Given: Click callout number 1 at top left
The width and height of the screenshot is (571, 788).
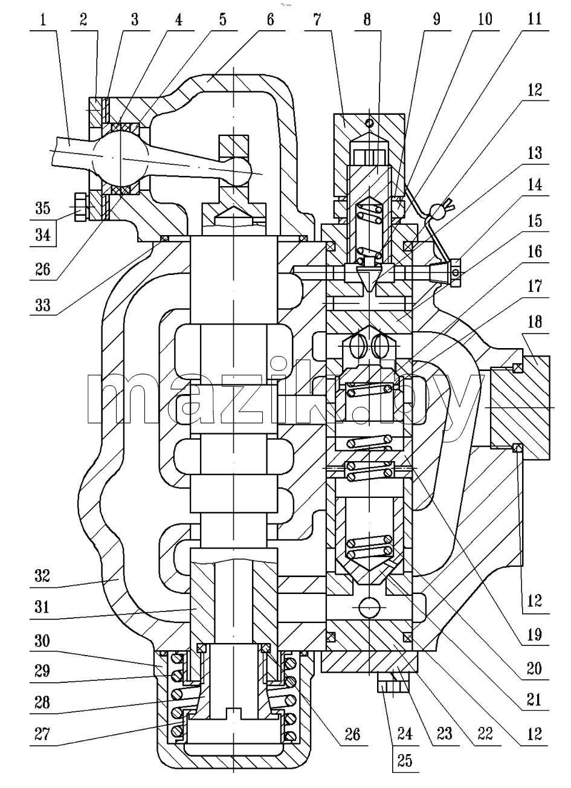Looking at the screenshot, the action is click(43, 20).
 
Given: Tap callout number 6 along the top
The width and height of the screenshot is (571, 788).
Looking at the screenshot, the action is click(270, 20).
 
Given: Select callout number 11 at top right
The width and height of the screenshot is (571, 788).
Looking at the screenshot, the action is click(534, 19).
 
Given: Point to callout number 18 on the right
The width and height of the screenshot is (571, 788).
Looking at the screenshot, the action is click(534, 322).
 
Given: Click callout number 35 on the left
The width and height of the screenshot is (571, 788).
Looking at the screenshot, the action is click(42, 208).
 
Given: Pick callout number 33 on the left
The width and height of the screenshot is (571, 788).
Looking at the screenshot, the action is click(42, 305).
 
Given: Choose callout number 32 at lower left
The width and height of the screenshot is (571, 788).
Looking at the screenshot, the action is click(42, 576).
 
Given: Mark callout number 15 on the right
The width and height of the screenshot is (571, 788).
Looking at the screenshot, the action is click(534, 221).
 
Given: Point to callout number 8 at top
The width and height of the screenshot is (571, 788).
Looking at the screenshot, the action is click(367, 20).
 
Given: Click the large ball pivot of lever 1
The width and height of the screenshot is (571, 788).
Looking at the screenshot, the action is click(120, 158).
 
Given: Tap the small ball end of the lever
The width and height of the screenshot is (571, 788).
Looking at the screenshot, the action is click(239, 172).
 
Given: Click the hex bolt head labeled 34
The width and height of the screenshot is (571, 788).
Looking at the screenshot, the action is click(80, 207).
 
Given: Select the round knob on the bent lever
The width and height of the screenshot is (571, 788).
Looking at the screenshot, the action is click(437, 212).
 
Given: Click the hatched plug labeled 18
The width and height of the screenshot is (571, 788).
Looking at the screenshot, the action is click(520, 408).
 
